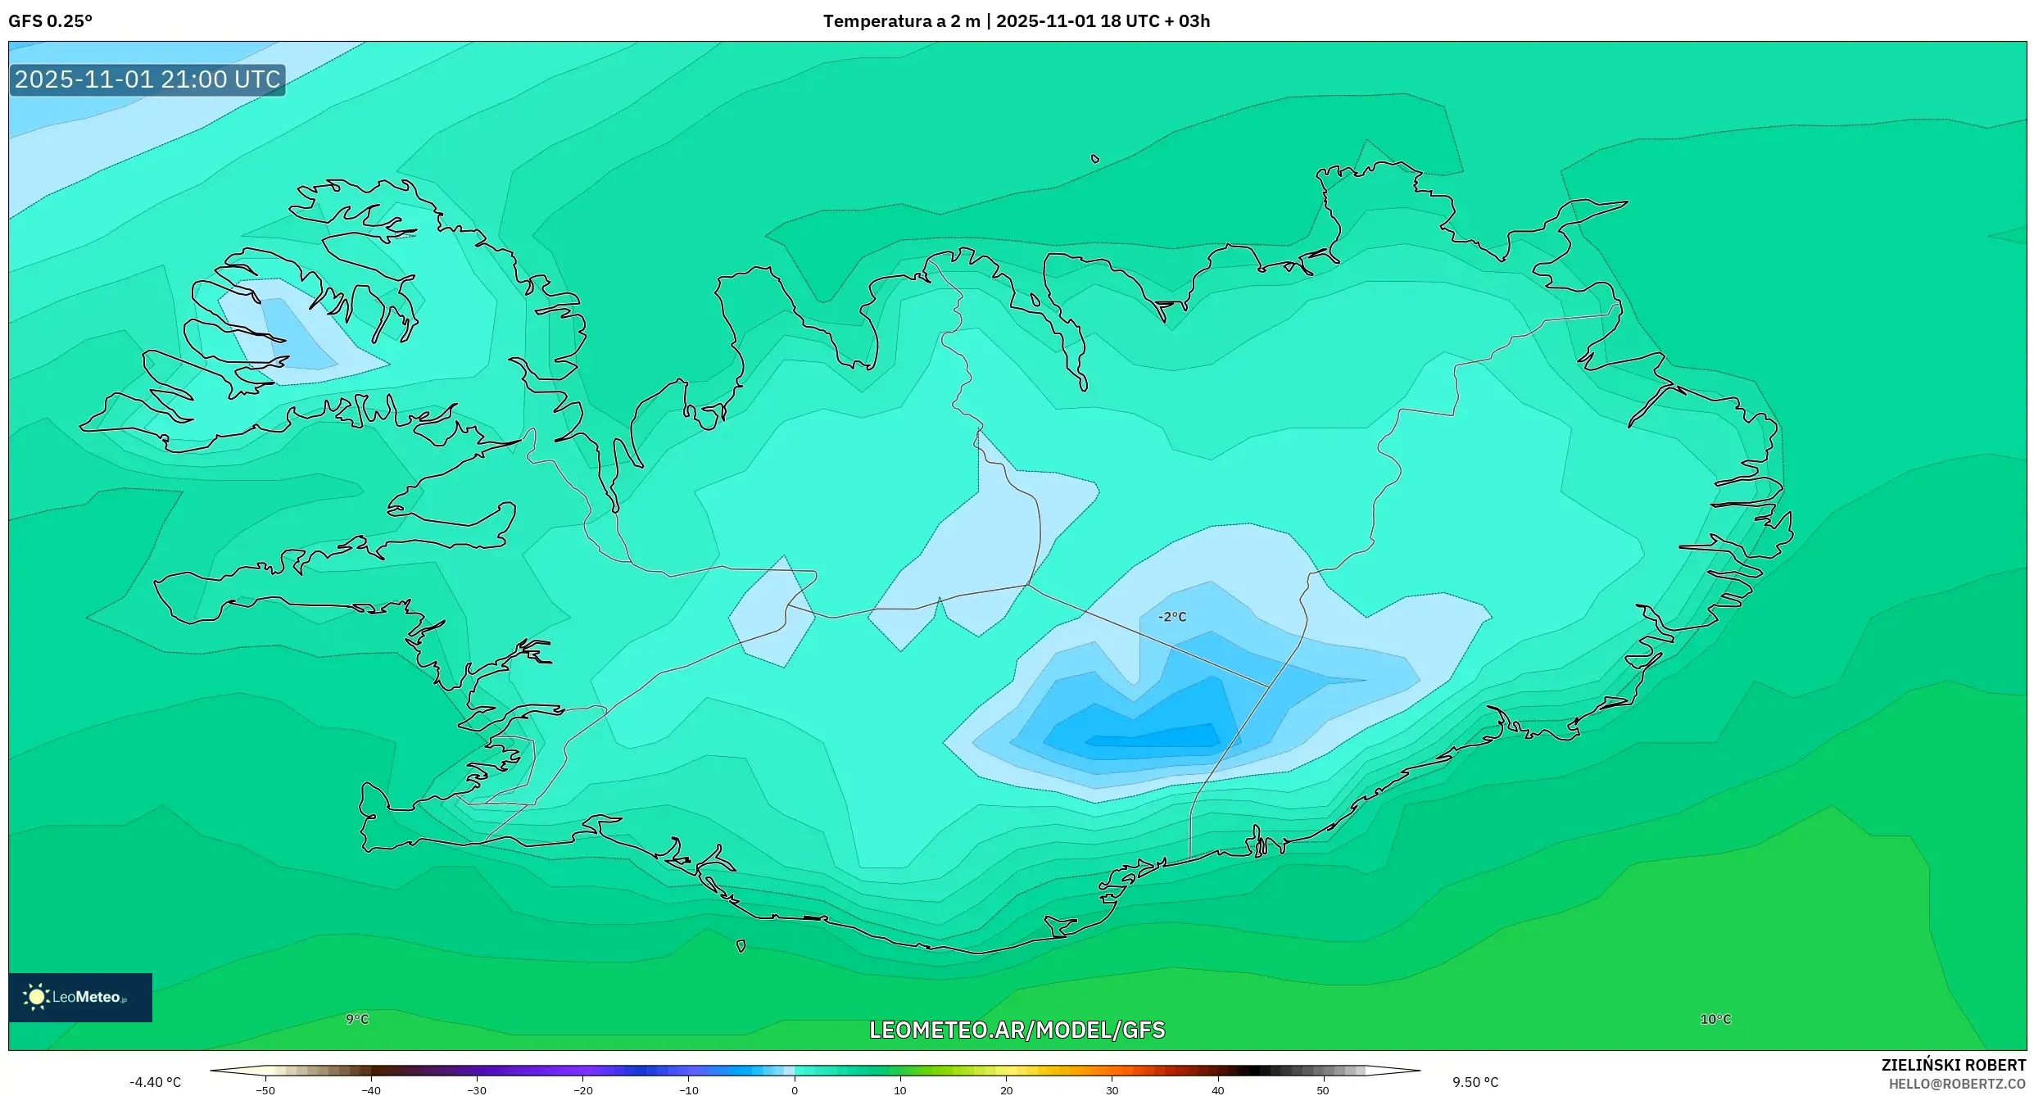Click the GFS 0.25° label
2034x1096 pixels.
[x=50, y=20]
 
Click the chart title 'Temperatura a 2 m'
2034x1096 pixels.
[x=901, y=20]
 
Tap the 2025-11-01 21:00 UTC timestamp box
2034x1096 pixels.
[x=147, y=79]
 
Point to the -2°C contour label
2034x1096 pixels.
[x=1171, y=617]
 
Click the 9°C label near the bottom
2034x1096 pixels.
[x=357, y=1019]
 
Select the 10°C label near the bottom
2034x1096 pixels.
[x=1715, y=1019]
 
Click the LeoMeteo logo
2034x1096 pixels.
[x=79, y=997]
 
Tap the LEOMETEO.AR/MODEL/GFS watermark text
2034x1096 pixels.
[x=1017, y=1030]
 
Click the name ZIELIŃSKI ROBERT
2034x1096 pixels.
[x=1953, y=1065]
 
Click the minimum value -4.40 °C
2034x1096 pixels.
[x=155, y=1082]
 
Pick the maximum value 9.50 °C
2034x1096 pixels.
[x=1475, y=1082]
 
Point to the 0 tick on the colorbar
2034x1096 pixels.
[x=795, y=1089]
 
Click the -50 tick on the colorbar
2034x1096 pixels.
[x=265, y=1089]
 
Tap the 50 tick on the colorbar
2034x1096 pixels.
[x=1323, y=1089]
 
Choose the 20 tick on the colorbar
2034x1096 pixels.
[x=1006, y=1089]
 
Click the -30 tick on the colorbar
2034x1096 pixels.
[x=477, y=1089]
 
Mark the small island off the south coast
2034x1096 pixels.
[x=741, y=946]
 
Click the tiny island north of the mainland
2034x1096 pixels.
[x=1095, y=159]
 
